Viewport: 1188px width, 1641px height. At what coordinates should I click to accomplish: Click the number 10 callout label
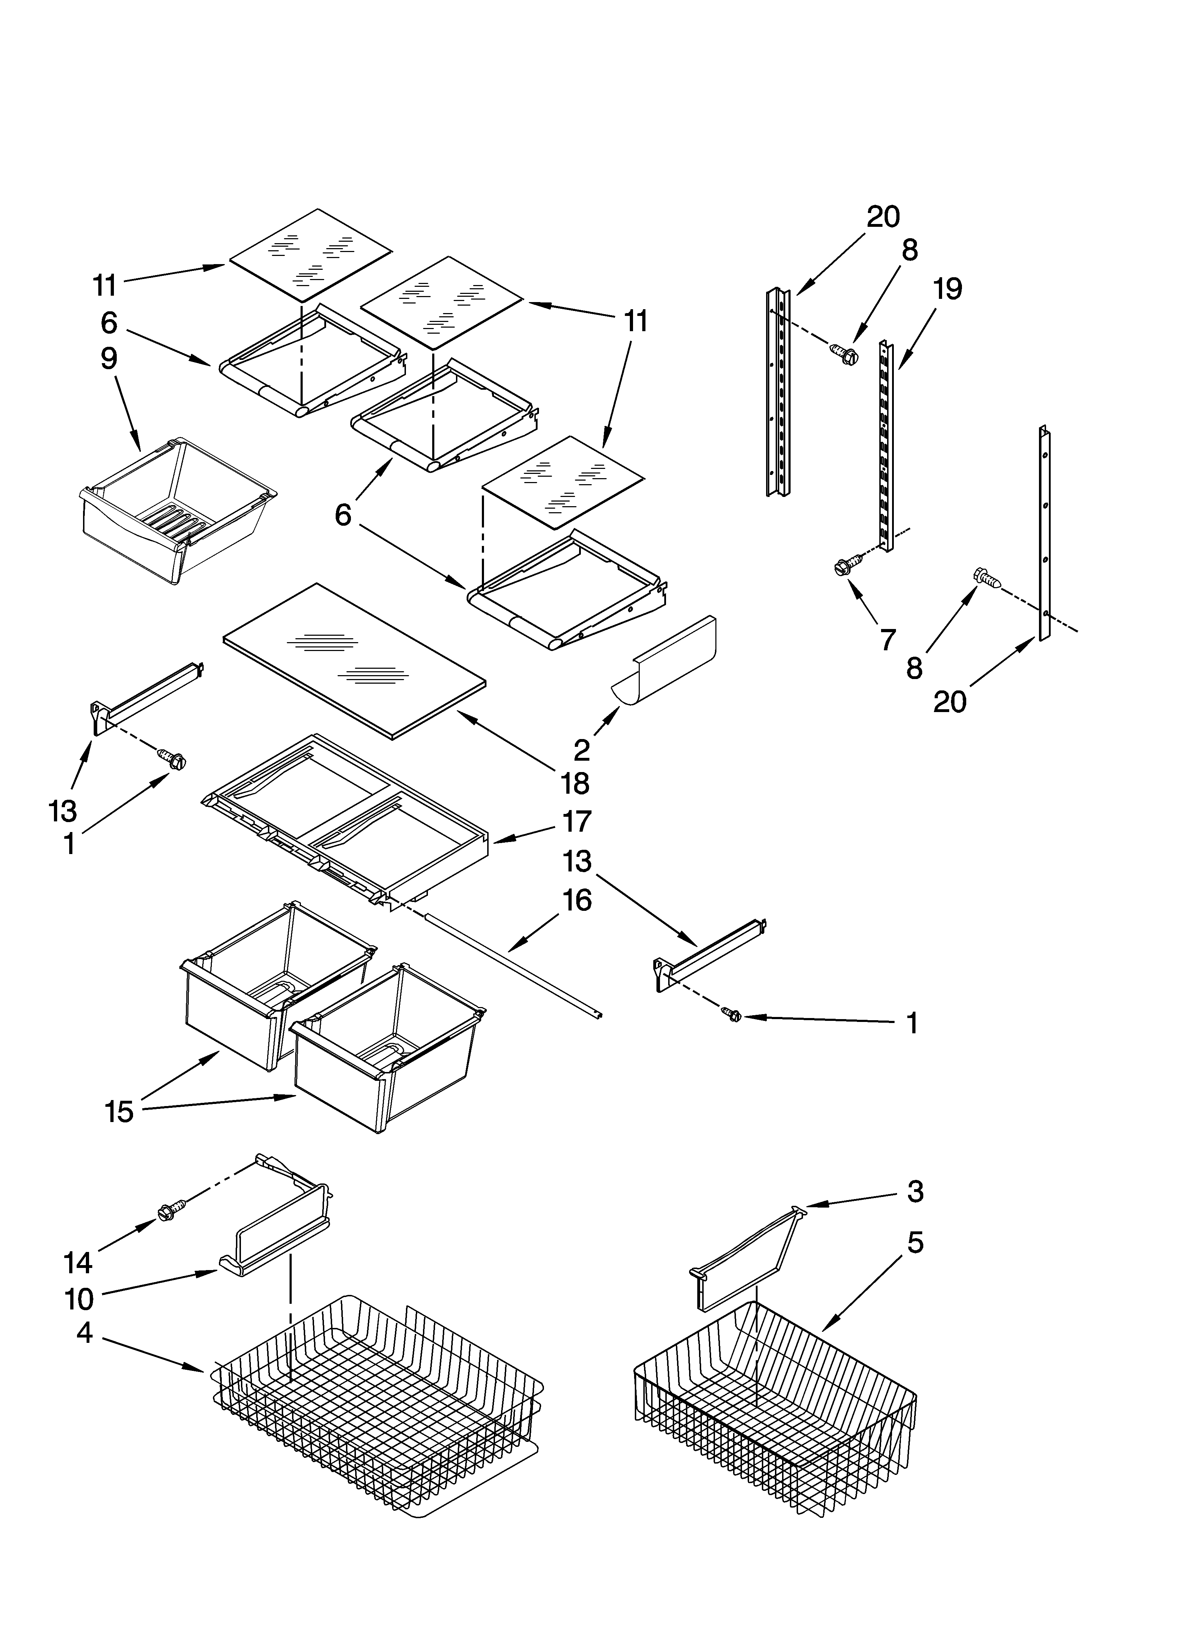pos(79,1300)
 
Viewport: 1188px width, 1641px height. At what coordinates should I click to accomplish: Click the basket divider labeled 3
pos(745,1259)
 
